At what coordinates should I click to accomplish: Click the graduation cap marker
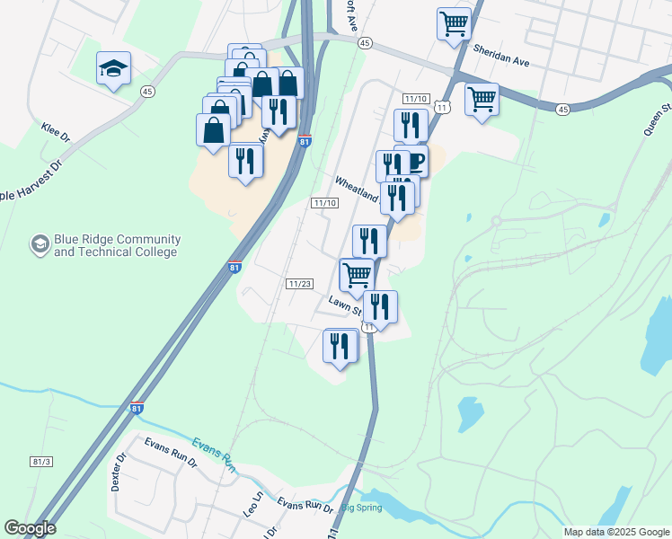[113, 68]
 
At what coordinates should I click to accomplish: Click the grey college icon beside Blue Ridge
[40, 243]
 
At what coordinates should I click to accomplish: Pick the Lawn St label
[344, 306]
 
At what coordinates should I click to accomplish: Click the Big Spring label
[363, 508]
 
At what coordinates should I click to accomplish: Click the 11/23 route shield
[299, 284]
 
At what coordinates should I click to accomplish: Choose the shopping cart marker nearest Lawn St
[357, 275]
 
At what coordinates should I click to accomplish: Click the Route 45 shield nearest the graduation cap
[147, 90]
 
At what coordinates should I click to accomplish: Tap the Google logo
[30, 527]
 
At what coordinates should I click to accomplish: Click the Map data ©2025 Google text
[616, 532]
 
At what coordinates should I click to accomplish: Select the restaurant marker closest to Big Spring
[340, 347]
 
